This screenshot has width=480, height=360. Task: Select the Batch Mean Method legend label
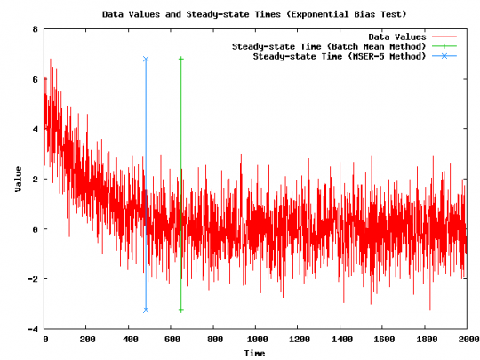coord(330,46)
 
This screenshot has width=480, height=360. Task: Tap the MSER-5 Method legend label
coord(340,56)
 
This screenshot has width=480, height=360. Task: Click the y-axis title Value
coord(18,178)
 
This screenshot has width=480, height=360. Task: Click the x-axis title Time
coord(255,354)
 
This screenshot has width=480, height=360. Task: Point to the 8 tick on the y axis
coord(35,29)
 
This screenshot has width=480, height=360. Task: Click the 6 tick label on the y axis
coord(35,79)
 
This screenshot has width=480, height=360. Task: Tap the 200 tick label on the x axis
coord(87,339)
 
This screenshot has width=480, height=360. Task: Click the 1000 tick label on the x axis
coord(255,339)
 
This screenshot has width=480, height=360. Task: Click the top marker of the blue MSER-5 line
coord(146,59)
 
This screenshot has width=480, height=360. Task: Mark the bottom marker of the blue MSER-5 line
coord(146,309)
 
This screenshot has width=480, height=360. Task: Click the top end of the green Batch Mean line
coord(180,59)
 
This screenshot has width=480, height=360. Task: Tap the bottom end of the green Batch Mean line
coord(180,309)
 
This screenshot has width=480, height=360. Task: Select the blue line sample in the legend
coord(451,56)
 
